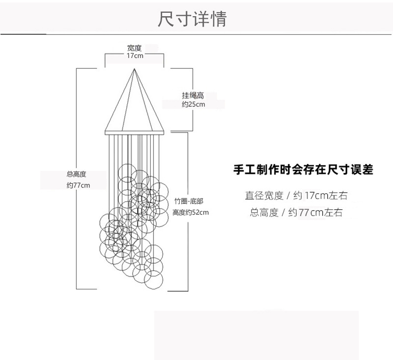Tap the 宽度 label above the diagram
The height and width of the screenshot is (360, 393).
[134, 48]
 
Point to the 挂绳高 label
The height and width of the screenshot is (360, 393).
[193, 96]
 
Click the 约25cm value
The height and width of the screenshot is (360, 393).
[193, 105]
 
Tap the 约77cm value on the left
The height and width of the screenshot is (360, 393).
[78, 185]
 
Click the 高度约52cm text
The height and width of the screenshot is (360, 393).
[191, 212]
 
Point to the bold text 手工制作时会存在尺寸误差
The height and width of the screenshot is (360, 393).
[303, 170]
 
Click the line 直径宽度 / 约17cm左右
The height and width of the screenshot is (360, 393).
[296, 195]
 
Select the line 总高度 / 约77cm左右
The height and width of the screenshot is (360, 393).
[296, 213]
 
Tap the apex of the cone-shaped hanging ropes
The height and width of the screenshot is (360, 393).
[134, 70]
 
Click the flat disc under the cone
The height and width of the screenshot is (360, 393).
[134, 132]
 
